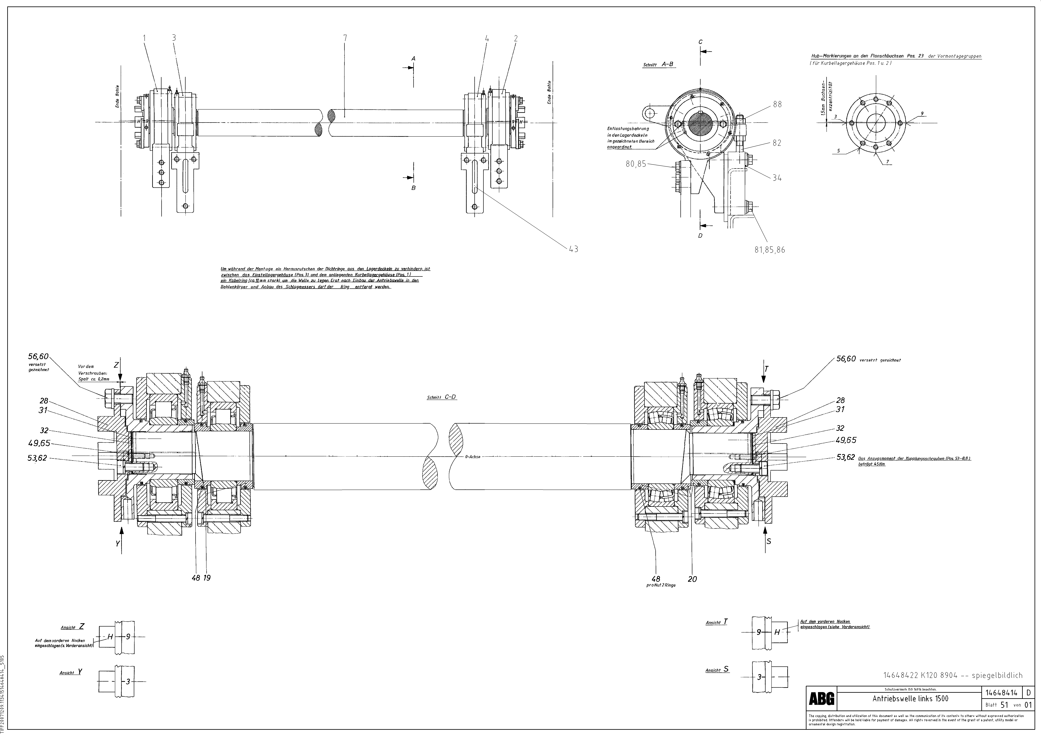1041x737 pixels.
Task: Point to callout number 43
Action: click(x=574, y=249)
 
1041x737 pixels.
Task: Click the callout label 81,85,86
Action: click(x=770, y=250)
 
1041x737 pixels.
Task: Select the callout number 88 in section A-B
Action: click(x=778, y=104)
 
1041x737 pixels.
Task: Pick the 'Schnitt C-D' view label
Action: click(x=442, y=397)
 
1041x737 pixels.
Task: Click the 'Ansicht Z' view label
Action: click(x=73, y=627)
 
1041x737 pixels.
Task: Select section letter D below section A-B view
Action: click(x=701, y=236)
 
